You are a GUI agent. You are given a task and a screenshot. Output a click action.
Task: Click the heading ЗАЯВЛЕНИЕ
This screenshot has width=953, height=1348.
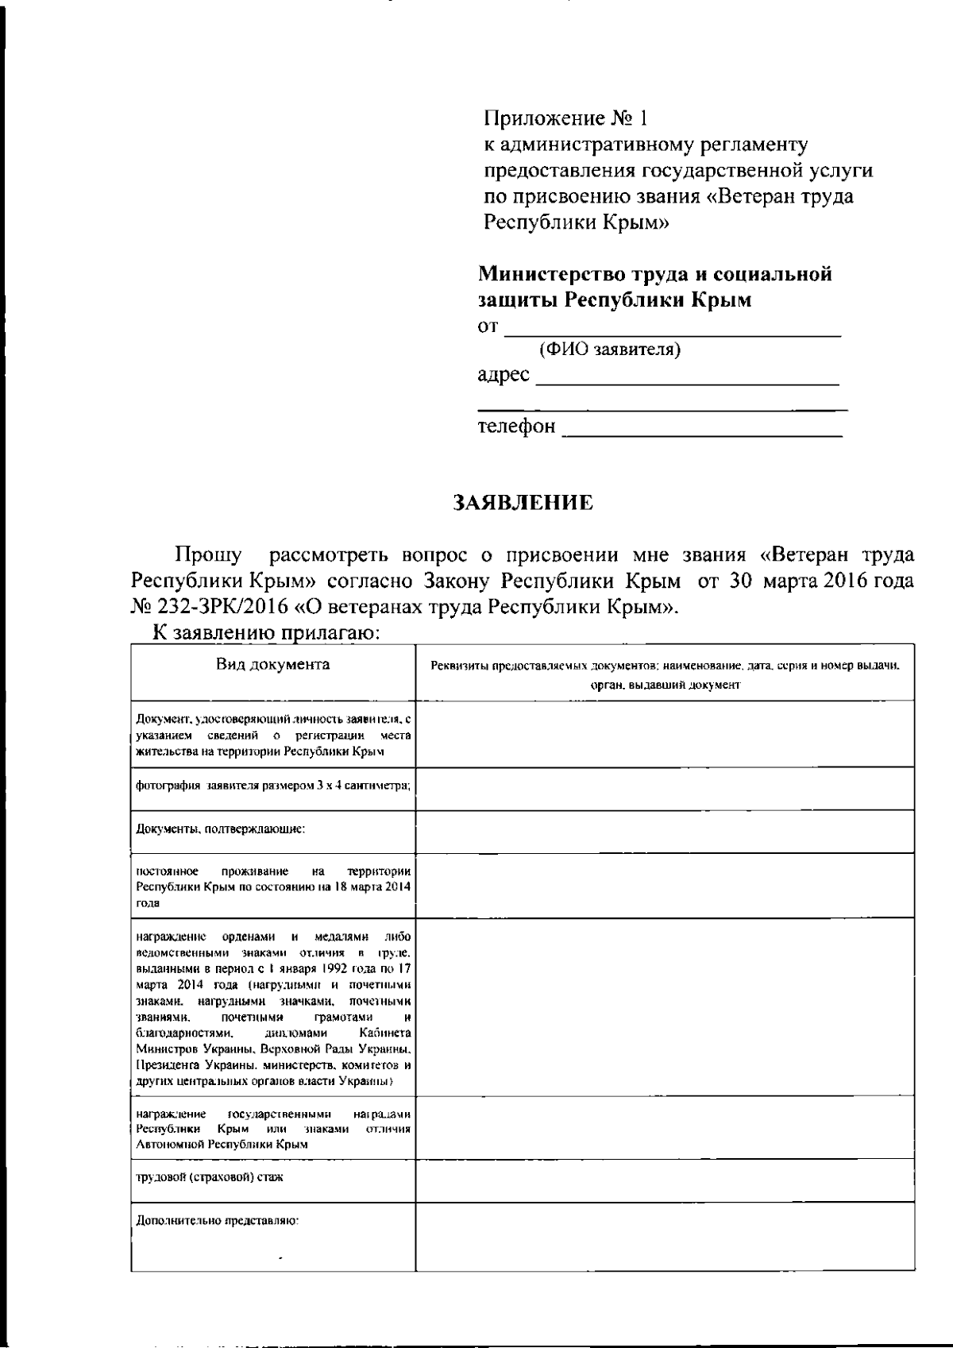click(x=523, y=503)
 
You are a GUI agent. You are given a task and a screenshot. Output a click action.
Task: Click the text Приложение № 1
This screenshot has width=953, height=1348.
click(x=566, y=119)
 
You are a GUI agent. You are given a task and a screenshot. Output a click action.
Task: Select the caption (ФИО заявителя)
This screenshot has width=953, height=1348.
click(x=609, y=350)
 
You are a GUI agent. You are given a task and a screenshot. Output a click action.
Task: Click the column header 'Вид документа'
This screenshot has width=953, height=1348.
click(x=273, y=664)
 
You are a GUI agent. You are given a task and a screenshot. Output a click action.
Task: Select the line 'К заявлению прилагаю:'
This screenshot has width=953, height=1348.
click(x=268, y=633)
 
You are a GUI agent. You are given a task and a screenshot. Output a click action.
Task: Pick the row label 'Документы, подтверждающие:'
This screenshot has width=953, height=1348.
click(x=220, y=829)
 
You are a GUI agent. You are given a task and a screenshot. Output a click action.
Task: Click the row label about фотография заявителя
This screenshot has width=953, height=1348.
click(x=272, y=786)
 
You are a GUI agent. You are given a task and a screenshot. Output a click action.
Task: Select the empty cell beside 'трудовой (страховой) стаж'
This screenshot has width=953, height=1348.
click(x=664, y=1179)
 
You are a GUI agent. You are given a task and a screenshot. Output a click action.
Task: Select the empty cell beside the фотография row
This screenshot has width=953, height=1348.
click(x=664, y=788)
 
